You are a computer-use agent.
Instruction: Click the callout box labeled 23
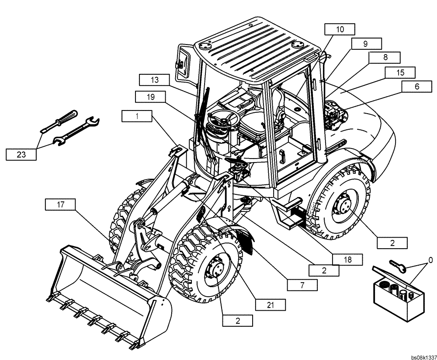pyautogui.click(x=21, y=154)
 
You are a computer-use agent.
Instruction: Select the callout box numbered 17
pyautogui.click(x=59, y=204)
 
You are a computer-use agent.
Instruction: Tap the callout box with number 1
pyautogui.click(x=137, y=116)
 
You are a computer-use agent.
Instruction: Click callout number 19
pyautogui.click(x=150, y=96)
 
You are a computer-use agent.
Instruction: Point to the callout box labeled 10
pyautogui.click(x=340, y=30)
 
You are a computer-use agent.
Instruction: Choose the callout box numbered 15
pyautogui.click(x=400, y=73)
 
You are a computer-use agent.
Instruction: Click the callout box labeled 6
pyautogui.click(x=416, y=87)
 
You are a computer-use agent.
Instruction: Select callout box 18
pyautogui.click(x=347, y=260)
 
